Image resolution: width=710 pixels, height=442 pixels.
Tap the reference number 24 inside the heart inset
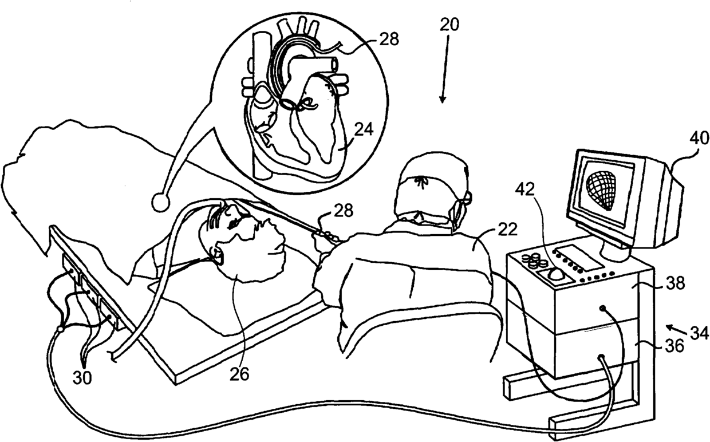click(x=363, y=129)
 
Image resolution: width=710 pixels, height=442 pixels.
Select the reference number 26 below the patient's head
click(x=239, y=373)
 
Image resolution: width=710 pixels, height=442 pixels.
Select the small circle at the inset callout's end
click(x=161, y=202)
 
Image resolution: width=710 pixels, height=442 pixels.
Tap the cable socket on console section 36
click(x=601, y=358)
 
